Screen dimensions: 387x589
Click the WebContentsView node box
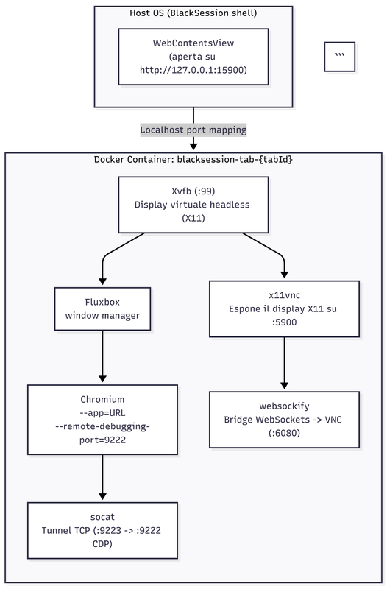pyautogui.click(x=193, y=57)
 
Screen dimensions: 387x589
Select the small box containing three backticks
pyautogui.click(x=340, y=57)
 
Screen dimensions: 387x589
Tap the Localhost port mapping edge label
pyautogui.click(x=193, y=130)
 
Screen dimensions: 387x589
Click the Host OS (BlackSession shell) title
pyautogui.click(x=193, y=13)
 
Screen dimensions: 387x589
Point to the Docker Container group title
pyautogui.click(x=193, y=159)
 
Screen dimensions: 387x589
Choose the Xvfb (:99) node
pyautogui.click(x=193, y=205)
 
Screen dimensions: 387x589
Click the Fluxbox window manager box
pyautogui.click(x=102, y=308)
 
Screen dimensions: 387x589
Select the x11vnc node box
pyautogui.click(x=284, y=308)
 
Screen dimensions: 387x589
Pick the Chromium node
pyautogui.click(x=102, y=420)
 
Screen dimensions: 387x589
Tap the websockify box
pyautogui.click(x=284, y=420)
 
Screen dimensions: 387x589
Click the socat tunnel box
pyautogui.click(x=102, y=530)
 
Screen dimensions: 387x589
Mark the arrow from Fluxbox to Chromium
pyautogui.click(x=102, y=357)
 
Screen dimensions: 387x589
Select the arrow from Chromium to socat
pyautogui.click(x=102, y=477)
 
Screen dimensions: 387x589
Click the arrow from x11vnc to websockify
pyautogui.click(x=284, y=363)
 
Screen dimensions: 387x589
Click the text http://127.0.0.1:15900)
pyautogui.click(x=193, y=70)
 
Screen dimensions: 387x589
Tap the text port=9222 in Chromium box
pyautogui.click(x=102, y=440)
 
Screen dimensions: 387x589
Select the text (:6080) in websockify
pyautogui.click(x=284, y=433)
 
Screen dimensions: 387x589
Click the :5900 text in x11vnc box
pyautogui.click(x=284, y=322)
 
